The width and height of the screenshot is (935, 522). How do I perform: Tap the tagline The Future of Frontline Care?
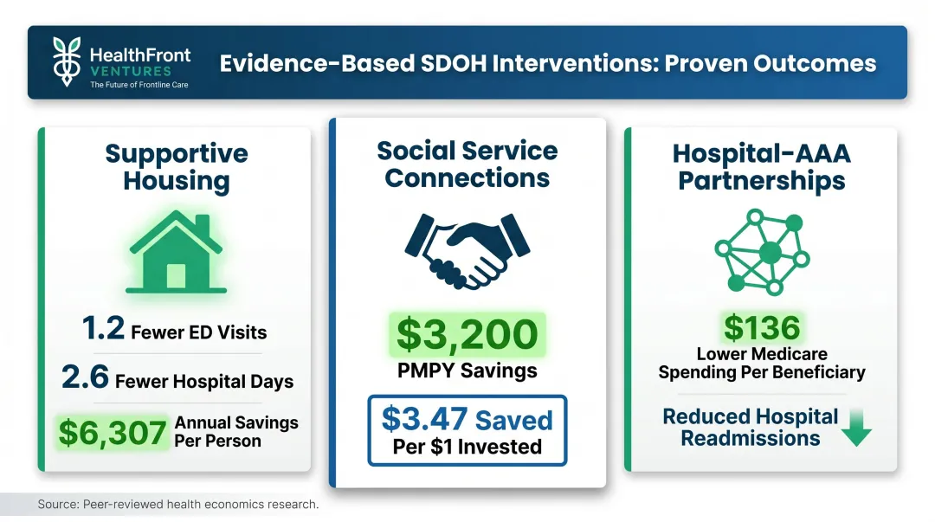point(139,85)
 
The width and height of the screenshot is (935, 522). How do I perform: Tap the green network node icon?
point(762,250)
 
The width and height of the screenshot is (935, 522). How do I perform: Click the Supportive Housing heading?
point(177,167)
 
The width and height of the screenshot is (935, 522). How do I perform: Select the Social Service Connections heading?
point(467,164)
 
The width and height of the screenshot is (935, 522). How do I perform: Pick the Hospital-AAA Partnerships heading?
point(762,167)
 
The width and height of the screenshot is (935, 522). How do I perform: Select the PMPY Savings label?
point(467,371)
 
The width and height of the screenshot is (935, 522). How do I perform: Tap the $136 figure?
point(762,327)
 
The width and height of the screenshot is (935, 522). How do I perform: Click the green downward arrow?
point(856,428)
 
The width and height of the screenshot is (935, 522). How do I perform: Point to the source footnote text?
point(178,504)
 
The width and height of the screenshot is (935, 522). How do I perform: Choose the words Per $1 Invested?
point(467,448)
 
